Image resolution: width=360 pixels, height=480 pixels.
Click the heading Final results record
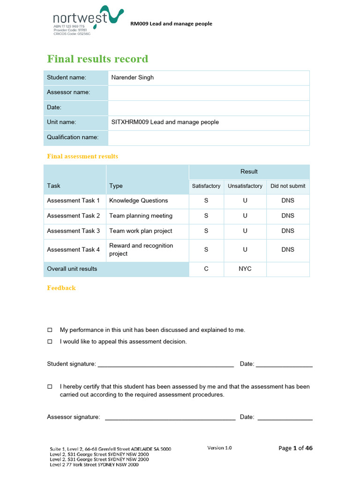point(97,59)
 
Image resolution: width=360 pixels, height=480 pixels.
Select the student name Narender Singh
point(133,77)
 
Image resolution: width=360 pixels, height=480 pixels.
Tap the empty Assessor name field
point(209,92)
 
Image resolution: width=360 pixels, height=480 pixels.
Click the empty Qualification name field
point(209,137)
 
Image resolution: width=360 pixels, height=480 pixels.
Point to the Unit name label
point(61,122)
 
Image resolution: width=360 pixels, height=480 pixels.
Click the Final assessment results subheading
point(82,156)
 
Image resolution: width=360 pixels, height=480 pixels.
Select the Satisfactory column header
point(206,186)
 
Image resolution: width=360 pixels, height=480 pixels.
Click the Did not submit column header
point(288,186)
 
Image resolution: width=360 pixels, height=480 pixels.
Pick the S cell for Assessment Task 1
point(206,201)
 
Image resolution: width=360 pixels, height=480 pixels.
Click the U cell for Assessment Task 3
point(245,231)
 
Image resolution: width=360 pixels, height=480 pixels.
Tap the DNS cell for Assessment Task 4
point(288,250)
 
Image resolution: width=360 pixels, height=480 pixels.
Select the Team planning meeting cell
point(141,216)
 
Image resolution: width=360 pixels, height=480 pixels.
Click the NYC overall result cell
point(245,269)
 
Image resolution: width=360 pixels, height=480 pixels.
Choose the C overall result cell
point(206,269)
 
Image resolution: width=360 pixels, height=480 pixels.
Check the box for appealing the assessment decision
point(50,342)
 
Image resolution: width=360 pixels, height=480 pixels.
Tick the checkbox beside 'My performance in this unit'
point(50,330)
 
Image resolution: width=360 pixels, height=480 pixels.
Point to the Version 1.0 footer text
point(219,448)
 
